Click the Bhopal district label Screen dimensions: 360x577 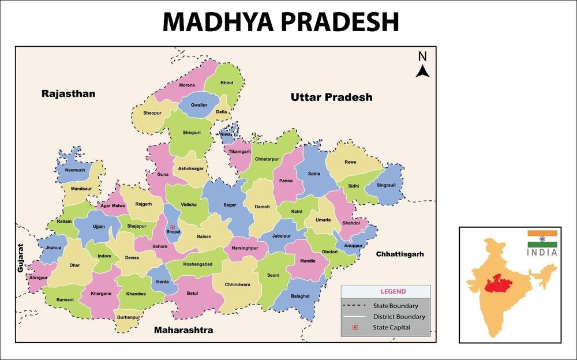(173, 232)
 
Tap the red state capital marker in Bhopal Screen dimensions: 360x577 (172, 227)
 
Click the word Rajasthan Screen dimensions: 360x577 (68, 93)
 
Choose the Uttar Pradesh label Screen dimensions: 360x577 (331, 97)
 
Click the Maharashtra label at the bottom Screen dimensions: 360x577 (183, 331)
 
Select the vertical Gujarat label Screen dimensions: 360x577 (21, 257)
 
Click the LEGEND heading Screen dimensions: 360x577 (385, 291)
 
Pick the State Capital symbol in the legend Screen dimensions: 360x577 (355, 328)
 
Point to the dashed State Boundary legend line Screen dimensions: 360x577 (355, 306)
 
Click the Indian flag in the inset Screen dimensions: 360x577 (542, 239)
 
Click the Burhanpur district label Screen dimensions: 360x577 (128, 317)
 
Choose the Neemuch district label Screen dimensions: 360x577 (75, 170)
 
